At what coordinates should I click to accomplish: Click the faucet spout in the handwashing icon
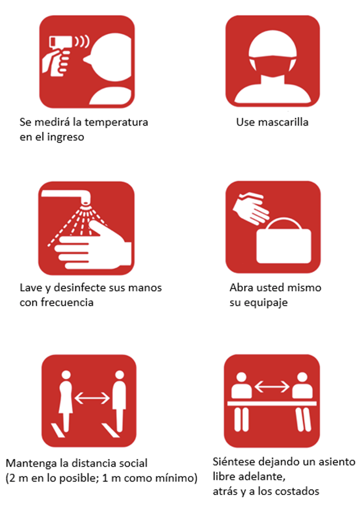(x=83, y=197)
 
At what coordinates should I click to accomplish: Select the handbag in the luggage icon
(x=283, y=239)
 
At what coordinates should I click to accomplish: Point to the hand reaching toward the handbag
(x=251, y=208)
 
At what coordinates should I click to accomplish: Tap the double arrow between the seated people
(x=272, y=386)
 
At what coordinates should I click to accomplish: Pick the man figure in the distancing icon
(x=119, y=396)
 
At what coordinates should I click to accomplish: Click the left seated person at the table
(x=242, y=388)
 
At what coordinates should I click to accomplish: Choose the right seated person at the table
(x=302, y=388)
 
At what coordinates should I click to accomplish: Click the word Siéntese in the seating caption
(x=234, y=462)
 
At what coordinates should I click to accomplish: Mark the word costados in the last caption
(x=299, y=491)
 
